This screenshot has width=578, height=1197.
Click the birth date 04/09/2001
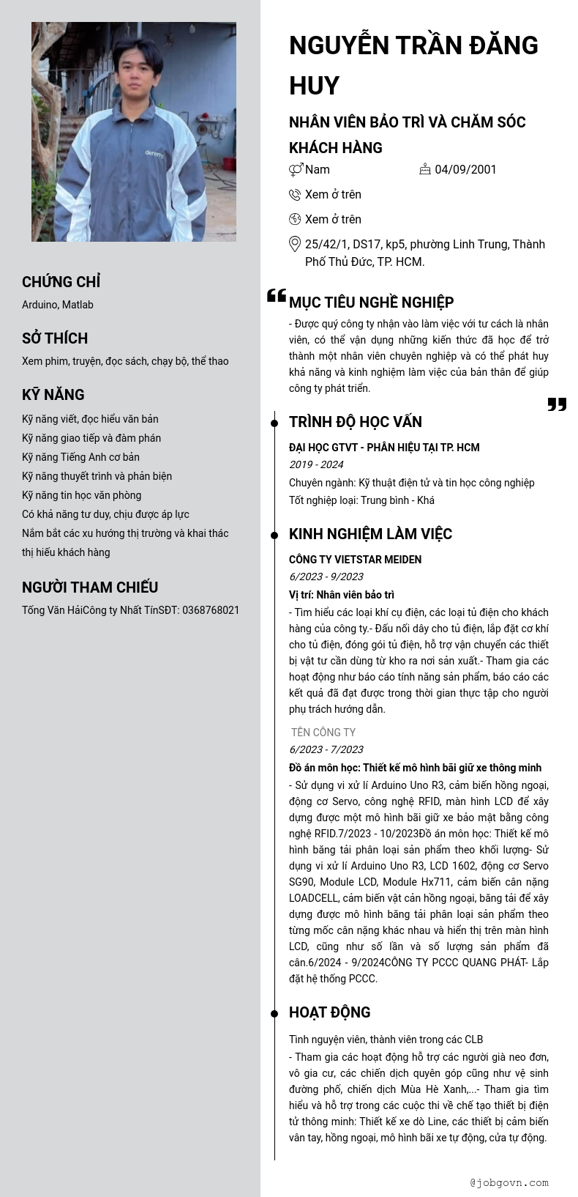tap(465, 170)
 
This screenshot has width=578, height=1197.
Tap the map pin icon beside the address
tap(295, 245)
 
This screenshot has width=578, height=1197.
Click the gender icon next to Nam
tap(296, 170)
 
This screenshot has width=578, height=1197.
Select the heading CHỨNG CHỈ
tap(61, 282)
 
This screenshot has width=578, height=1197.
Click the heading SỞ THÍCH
tap(55, 338)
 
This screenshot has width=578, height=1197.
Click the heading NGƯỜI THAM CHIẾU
tap(90, 588)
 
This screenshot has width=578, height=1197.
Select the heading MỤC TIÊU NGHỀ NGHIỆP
tap(371, 303)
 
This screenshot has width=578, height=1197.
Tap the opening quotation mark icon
tap(277, 295)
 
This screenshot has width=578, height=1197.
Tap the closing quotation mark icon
tap(557, 404)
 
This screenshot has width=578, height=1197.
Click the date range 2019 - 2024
tap(316, 464)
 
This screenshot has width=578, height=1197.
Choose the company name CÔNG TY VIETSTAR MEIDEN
tap(355, 560)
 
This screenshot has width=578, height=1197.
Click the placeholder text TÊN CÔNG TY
tap(323, 733)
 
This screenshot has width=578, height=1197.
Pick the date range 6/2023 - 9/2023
tap(326, 577)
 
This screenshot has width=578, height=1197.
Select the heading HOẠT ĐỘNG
tap(329, 1012)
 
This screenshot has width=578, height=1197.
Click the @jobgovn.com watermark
tap(509, 1182)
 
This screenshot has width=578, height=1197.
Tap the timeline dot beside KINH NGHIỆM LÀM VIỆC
tap(274, 535)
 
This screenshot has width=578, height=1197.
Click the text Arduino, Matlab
tap(58, 305)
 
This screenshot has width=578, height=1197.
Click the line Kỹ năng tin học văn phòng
tap(81, 495)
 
